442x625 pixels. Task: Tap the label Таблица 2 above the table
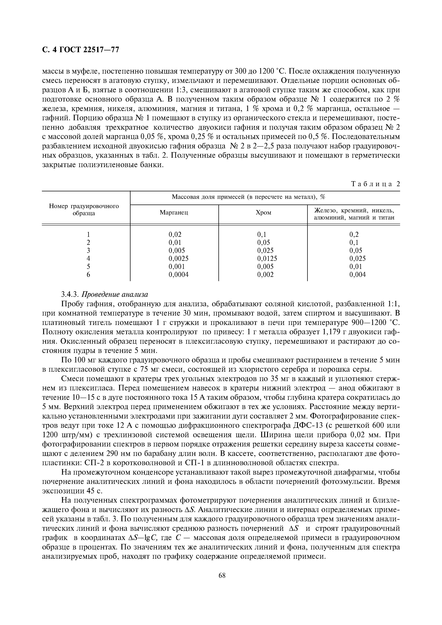point(375,184)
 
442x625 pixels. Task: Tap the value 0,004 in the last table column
point(357,275)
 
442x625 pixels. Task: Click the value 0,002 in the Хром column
point(265,275)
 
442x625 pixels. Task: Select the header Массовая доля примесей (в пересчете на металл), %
point(248,197)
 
